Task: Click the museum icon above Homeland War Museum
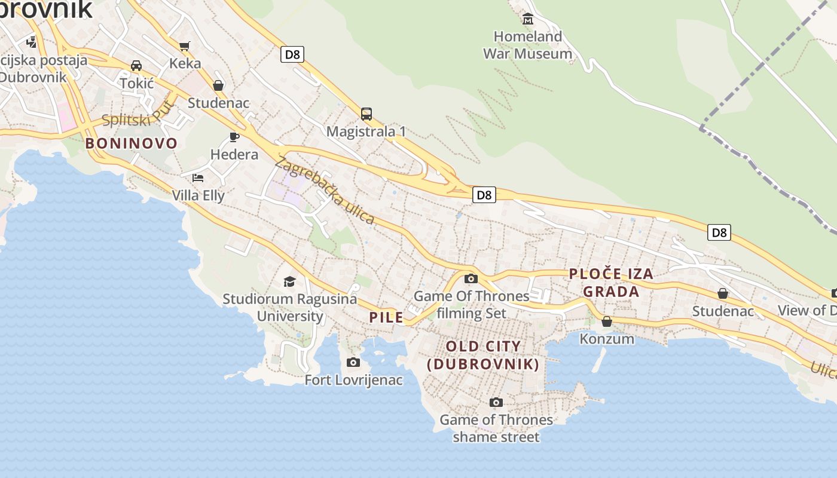click(528, 19)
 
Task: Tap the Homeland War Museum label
click(527, 45)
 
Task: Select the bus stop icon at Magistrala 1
click(366, 114)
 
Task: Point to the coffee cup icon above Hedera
click(234, 137)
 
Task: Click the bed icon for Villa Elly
click(198, 178)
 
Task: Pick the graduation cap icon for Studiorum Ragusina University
click(289, 281)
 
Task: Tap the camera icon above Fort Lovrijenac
click(353, 362)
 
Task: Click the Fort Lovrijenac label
click(353, 380)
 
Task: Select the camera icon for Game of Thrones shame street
click(496, 402)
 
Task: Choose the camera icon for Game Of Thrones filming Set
click(471, 278)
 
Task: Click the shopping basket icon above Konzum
click(607, 321)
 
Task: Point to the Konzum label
click(607, 339)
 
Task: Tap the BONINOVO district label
click(132, 143)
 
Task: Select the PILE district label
click(386, 317)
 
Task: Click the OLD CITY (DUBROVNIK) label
click(484, 355)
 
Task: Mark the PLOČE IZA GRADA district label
click(611, 283)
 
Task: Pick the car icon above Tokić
click(136, 66)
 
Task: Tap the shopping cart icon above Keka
click(185, 46)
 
